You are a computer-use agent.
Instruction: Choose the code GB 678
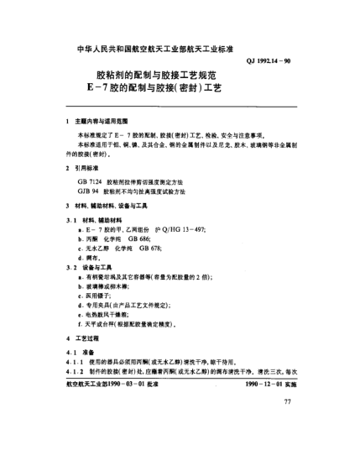pos(151,249)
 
